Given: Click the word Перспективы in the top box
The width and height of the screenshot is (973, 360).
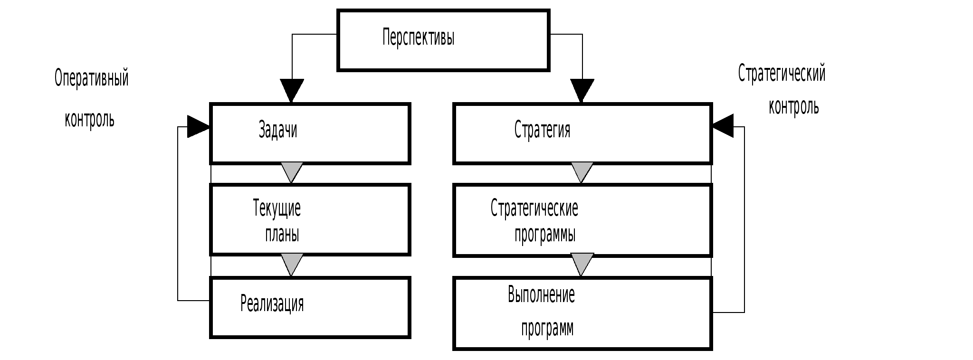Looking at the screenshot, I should (x=418, y=38).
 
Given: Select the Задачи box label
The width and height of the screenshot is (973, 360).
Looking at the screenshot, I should (x=278, y=130).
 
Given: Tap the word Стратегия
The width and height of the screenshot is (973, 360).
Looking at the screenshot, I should (x=542, y=130).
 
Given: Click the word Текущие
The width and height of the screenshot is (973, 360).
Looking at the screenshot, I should (x=277, y=208).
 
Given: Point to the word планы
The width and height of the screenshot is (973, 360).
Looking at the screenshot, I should (x=282, y=234).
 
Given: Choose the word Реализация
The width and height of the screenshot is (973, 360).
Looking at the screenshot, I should (x=272, y=303).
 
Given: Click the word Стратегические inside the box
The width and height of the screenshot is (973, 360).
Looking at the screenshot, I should (x=534, y=208).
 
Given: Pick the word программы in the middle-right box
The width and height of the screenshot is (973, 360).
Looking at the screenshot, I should (x=545, y=235).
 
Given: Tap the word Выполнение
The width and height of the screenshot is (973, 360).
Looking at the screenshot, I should (x=541, y=295).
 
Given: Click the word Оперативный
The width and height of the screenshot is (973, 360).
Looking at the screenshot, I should (x=92, y=78).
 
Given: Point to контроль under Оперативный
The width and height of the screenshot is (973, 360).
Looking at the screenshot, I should (x=90, y=120).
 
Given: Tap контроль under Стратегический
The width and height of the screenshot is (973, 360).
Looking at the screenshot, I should (x=794, y=107).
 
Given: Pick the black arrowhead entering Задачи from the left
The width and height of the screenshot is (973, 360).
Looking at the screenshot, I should (x=197, y=126).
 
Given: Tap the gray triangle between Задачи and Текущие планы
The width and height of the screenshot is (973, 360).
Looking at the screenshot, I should (x=292, y=171).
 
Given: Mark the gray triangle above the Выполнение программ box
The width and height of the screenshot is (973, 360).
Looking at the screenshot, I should (x=582, y=263).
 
